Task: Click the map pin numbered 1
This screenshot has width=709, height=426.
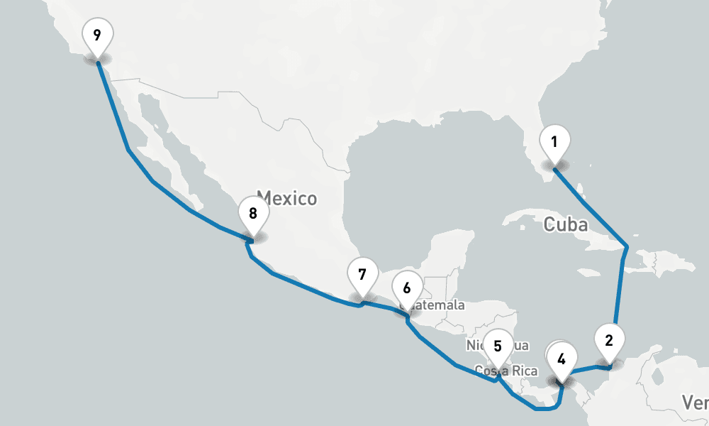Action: coord(554,142)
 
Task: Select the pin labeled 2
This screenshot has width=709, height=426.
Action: coord(608,340)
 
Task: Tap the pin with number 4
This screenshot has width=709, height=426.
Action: coord(562,359)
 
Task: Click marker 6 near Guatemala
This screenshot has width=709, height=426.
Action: coord(407,288)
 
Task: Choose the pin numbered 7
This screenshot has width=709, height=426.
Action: coord(362,274)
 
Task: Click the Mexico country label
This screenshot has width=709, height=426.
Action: coord(286,197)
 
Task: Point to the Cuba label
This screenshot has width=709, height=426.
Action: coord(566,225)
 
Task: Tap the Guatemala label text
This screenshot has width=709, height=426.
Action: coord(436,306)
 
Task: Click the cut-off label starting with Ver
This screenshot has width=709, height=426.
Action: coord(696,403)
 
